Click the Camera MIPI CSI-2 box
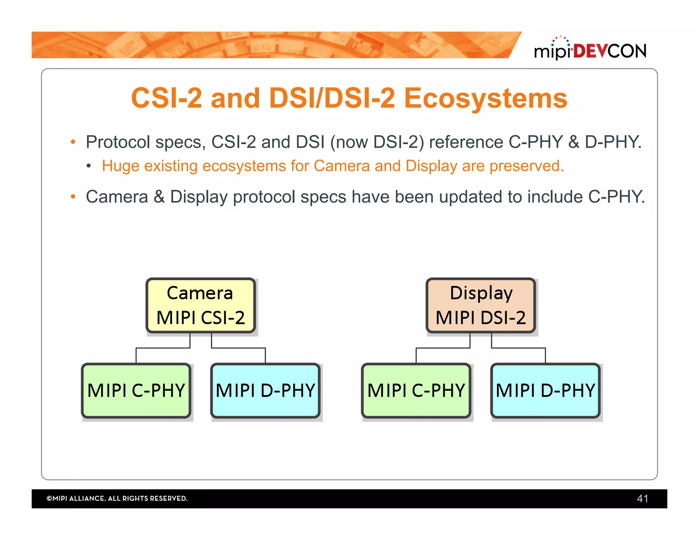pos(200,305)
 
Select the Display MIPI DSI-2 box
pos(481,305)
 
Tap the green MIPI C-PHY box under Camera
pos(136,390)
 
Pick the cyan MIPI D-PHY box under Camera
pos(265,390)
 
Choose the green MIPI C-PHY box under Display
pos(416,390)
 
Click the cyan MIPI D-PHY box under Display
pos(545,390)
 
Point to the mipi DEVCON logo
pos(590,49)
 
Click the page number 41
pos(642,498)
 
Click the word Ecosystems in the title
pos(485,98)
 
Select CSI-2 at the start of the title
pos(166,98)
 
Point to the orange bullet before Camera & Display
pos(73,197)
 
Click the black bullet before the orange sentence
pos(89,166)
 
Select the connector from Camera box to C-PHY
pos(163,348)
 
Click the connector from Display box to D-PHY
pos(518,348)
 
